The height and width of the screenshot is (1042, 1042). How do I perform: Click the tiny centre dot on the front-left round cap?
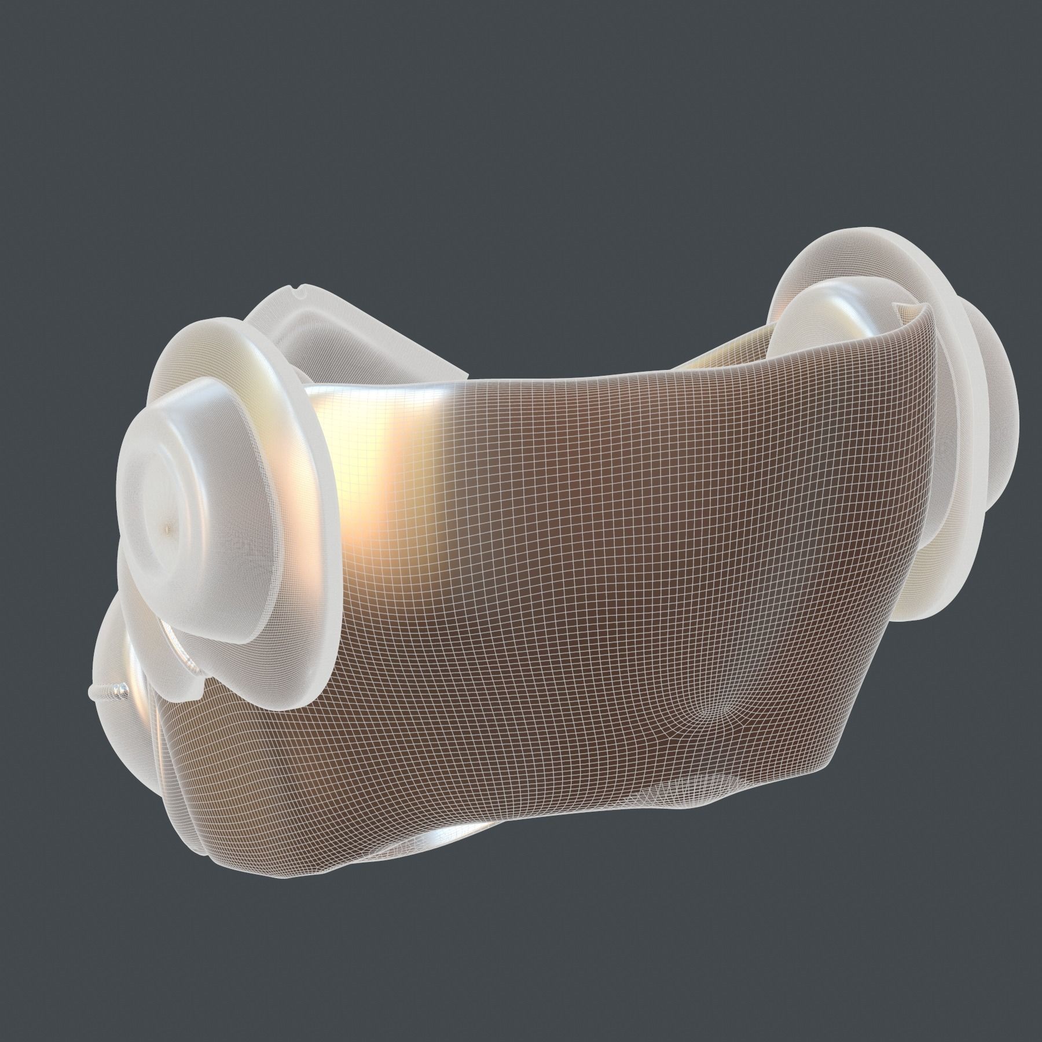pyautogui.click(x=168, y=526)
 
